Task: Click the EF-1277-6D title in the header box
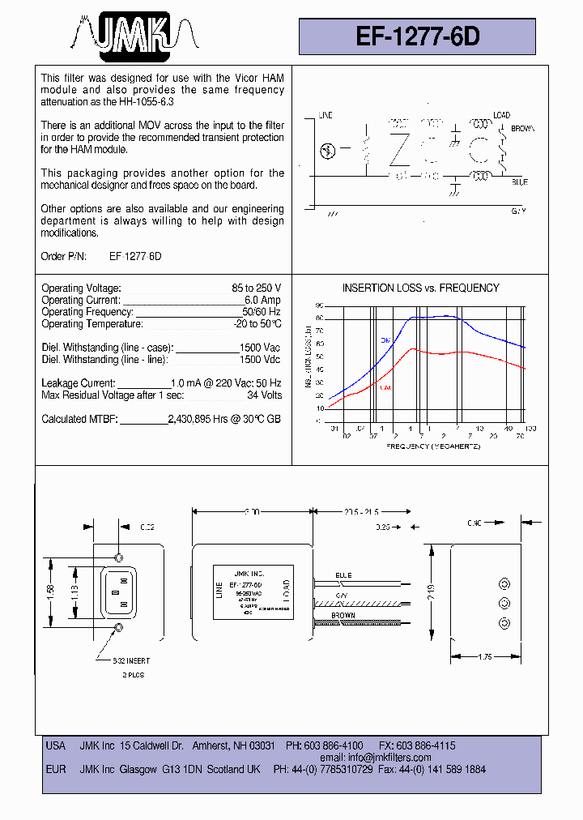418,36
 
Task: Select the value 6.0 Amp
261,300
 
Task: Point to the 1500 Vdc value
261,359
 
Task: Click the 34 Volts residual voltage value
265,395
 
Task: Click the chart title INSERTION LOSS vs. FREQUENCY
420,288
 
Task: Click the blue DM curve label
385,340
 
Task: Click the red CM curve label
385,387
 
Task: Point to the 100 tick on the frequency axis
530,428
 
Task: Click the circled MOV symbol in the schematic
328,150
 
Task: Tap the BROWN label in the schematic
522,128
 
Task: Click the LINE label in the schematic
326,116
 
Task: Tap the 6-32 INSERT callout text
131,660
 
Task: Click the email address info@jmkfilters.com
389,758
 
